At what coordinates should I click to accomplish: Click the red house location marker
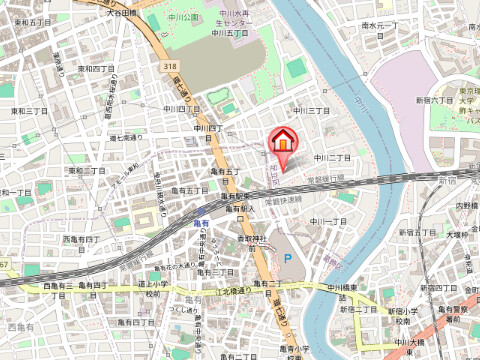coord(282,141)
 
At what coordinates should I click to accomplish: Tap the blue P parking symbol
coord(289,258)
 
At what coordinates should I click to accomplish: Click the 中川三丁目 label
coord(312,110)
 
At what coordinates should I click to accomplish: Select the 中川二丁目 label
coord(332,158)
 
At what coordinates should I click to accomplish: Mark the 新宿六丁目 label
coord(436,114)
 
